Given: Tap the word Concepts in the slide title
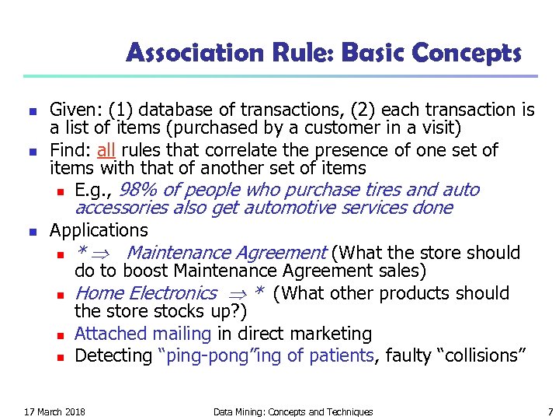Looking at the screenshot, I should [x=468, y=53].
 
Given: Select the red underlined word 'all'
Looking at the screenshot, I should [x=107, y=150].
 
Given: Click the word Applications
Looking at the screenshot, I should [x=99, y=230].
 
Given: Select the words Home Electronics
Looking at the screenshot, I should [x=146, y=293].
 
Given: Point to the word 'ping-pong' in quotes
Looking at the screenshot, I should [x=192, y=355].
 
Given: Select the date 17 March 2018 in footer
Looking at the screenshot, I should [x=55, y=411].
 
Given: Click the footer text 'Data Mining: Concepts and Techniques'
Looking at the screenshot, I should [x=293, y=411].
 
